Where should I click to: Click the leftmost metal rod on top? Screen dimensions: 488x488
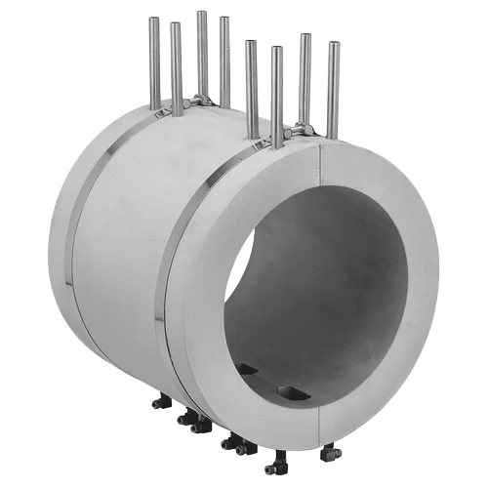(x=154, y=59)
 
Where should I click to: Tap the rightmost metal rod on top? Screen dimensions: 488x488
(x=333, y=88)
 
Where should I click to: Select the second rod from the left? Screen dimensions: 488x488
(x=176, y=63)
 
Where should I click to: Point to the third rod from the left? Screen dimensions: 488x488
(x=200, y=54)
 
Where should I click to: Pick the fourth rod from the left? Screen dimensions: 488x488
(x=224, y=59)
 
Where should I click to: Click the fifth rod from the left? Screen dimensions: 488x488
(x=251, y=83)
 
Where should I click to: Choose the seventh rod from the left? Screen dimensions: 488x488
(x=305, y=78)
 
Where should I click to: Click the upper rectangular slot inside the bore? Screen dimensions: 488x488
(x=248, y=369)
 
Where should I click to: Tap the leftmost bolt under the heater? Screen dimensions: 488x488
(x=158, y=401)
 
